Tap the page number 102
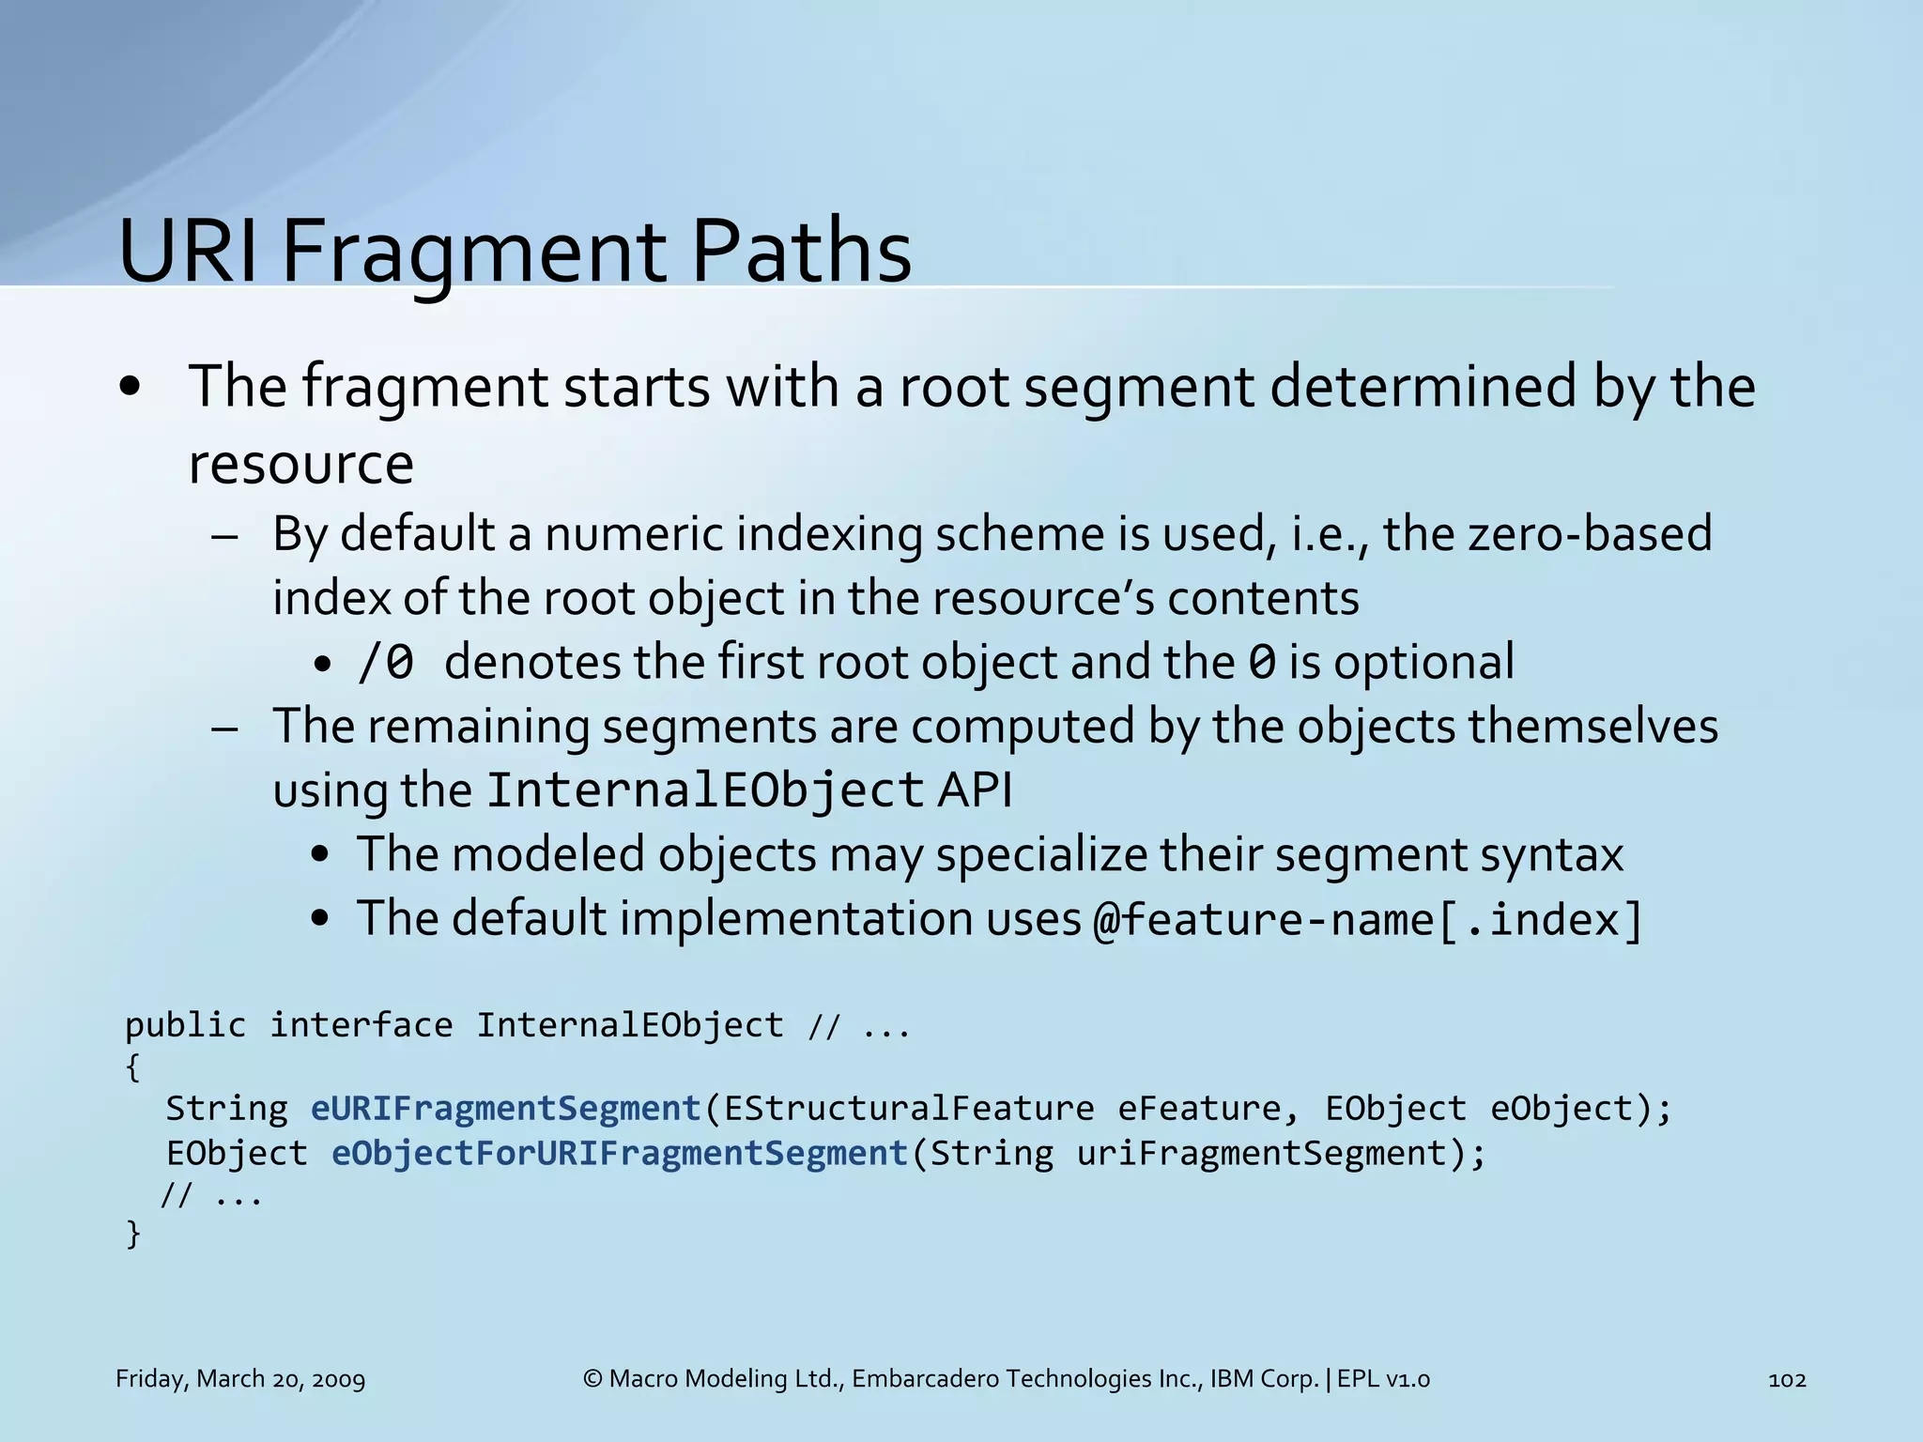1786,1379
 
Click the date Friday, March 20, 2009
240,1379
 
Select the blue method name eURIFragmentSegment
506,1109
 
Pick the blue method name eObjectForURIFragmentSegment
620,1153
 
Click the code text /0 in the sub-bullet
386,663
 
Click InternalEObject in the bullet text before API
705,790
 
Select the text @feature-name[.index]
1368,919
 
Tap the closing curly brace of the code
133,1234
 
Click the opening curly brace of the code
133,1067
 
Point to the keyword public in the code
185,1025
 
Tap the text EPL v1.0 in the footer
1383,1379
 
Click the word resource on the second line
300,465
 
